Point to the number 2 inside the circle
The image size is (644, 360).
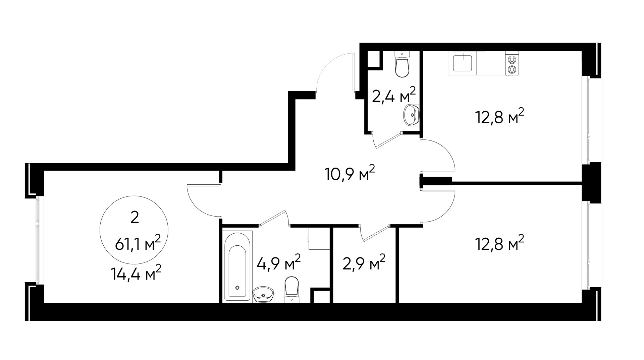coord(135,218)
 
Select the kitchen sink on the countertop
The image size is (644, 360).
coord(463,63)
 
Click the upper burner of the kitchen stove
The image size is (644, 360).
coord(512,60)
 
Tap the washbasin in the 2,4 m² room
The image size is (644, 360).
coord(411,115)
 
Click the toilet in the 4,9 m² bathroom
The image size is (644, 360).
coord(291,288)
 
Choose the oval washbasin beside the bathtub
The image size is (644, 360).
coord(263,295)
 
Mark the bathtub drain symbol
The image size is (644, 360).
coord(237,288)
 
